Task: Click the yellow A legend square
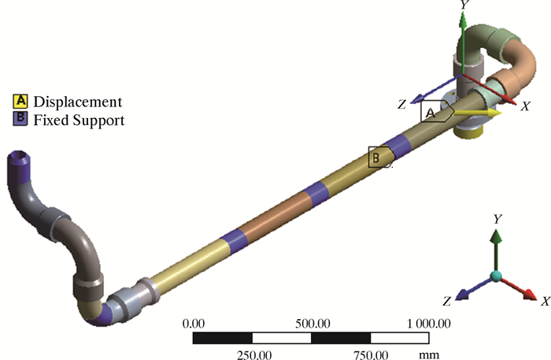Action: (x=20, y=101)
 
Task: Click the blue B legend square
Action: (x=20, y=119)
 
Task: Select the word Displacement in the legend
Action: (x=78, y=102)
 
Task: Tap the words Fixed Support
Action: (x=79, y=120)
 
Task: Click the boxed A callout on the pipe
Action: (x=436, y=112)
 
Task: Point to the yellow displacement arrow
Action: (x=477, y=113)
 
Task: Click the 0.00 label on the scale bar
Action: (x=194, y=324)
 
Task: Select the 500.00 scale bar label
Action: (x=312, y=324)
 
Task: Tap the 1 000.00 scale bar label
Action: (x=428, y=324)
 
